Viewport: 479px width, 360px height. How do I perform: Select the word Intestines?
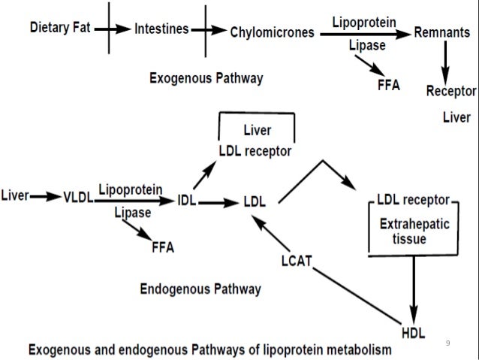coord(161,31)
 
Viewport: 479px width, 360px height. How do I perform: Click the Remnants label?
coord(444,33)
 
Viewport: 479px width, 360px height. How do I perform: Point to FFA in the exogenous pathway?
coord(388,84)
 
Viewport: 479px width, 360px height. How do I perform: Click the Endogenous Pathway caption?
coord(200,289)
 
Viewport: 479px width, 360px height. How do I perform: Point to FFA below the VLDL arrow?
coord(163,248)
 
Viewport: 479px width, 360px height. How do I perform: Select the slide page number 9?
coord(448,343)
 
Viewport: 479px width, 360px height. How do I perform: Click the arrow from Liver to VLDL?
coord(46,197)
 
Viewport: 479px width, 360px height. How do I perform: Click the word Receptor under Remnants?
coord(451,92)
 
